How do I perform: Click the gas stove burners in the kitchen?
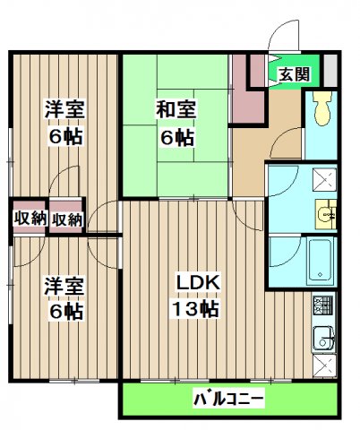pyautogui.click(x=322, y=309)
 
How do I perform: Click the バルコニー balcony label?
pyautogui.click(x=227, y=398)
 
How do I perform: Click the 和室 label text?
pyautogui.click(x=176, y=110)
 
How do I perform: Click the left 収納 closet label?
pyautogui.click(x=30, y=219)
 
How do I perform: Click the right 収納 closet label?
pyautogui.click(x=67, y=219)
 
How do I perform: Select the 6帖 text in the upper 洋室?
pyautogui.click(x=65, y=139)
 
